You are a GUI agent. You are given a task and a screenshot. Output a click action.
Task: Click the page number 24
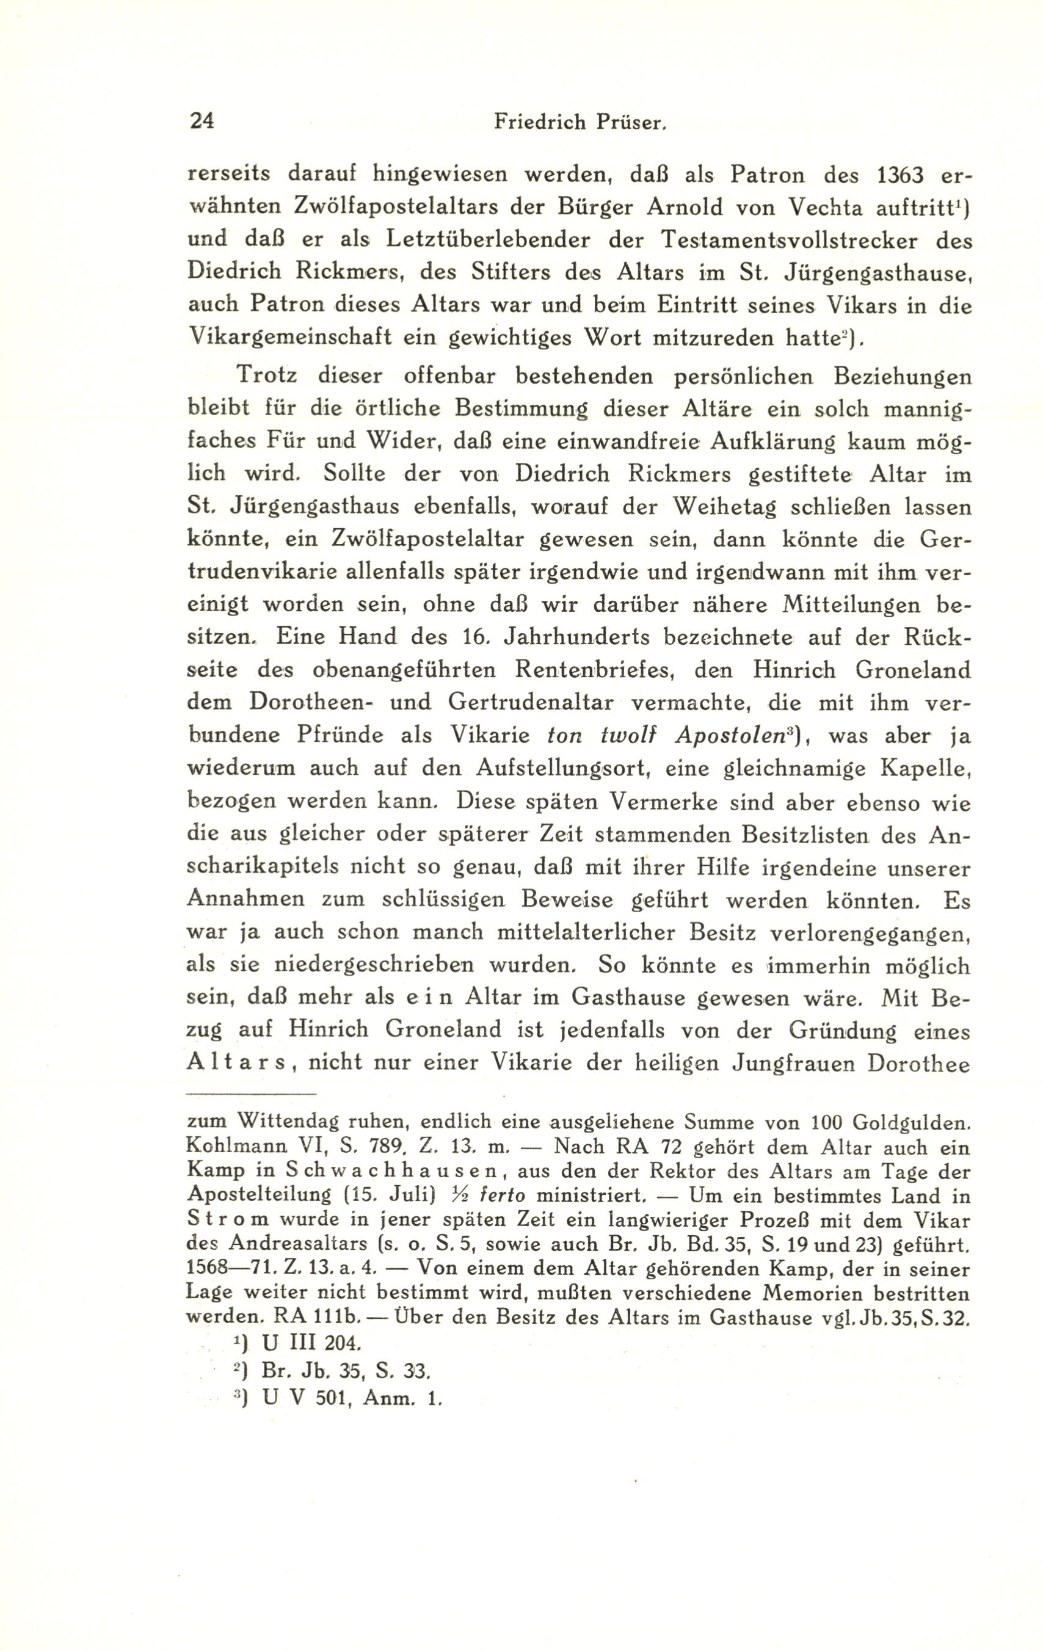coord(201,122)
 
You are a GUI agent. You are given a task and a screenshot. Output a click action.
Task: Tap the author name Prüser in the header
coord(633,122)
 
